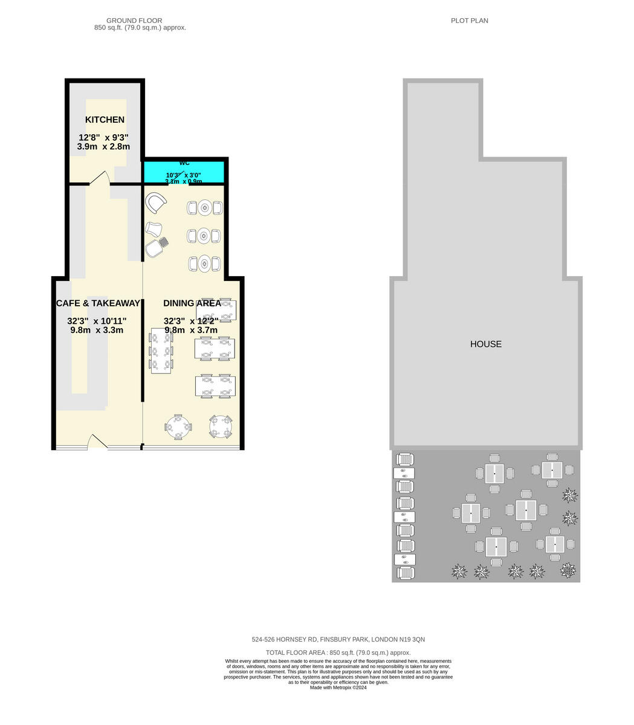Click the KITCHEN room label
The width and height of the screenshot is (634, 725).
pos(105,120)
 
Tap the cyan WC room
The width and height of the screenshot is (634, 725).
pos(184,172)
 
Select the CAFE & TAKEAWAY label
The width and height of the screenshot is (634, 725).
pos(98,303)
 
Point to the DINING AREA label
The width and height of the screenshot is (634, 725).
pos(192,303)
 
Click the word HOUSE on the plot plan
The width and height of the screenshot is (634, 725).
pos(486,344)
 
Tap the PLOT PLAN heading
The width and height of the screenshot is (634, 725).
pos(469,21)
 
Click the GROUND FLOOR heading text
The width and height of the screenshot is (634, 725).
pos(134,21)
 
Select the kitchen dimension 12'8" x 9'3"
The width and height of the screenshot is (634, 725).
pos(103,137)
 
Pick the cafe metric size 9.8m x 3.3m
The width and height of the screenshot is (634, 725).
pos(97,330)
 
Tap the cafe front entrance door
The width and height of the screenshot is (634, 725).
pos(97,442)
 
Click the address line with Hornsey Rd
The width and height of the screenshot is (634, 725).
pos(338,639)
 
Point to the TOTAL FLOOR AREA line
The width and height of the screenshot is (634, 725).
pos(338,652)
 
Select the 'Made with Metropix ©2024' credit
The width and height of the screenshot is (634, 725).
pos(338,688)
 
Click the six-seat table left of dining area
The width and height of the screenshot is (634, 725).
pos(161,351)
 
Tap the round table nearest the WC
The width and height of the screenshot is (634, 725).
pos(205,208)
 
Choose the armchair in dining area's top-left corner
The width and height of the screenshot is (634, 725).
pos(157,203)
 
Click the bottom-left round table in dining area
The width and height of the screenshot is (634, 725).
pos(178,427)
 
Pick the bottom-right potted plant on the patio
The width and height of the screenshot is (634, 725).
pos(568,570)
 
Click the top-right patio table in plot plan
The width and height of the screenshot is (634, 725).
pos(552,470)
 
